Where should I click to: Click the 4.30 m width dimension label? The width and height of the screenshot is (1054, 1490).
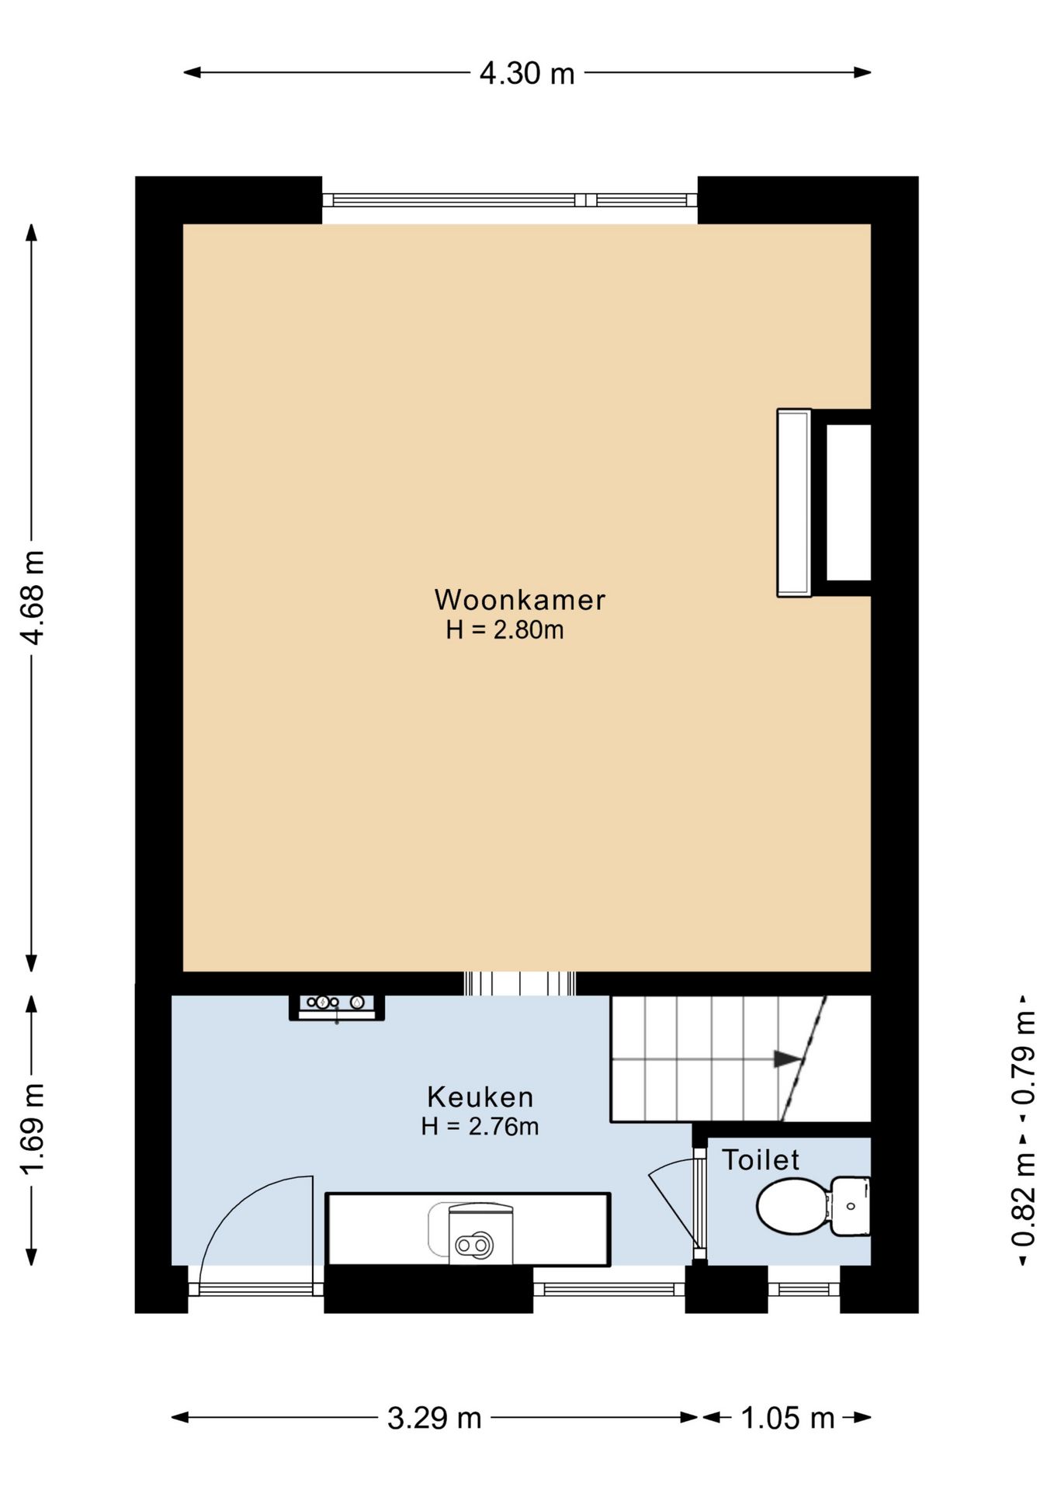(x=527, y=73)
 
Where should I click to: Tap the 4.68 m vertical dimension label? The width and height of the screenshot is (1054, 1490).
(x=33, y=598)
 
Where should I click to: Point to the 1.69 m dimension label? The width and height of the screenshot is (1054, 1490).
(x=33, y=1129)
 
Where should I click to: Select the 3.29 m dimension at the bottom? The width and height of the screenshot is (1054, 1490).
(x=435, y=1418)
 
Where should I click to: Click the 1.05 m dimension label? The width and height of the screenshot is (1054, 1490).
(x=787, y=1418)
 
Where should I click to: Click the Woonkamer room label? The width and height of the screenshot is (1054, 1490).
(x=519, y=600)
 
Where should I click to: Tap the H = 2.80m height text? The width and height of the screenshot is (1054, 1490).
(x=504, y=630)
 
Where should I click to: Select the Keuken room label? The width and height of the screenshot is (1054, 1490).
(x=480, y=1097)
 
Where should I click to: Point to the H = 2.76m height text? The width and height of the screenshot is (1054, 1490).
(x=480, y=1126)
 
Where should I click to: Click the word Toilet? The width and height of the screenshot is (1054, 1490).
(x=761, y=1159)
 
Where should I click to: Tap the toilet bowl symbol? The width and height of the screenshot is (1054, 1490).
(x=813, y=1206)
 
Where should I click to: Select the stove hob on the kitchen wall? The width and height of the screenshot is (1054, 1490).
(x=337, y=1007)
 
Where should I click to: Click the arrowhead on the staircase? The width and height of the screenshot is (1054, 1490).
(x=788, y=1059)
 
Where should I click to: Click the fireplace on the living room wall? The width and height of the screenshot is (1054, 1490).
(x=824, y=503)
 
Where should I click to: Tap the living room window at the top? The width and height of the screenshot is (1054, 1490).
(x=510, y=200)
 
